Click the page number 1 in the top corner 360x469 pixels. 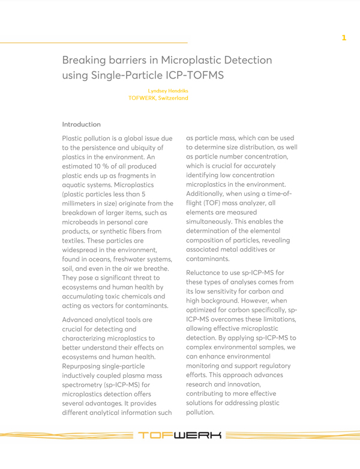pos(344,38)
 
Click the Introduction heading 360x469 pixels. pos(81,124)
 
